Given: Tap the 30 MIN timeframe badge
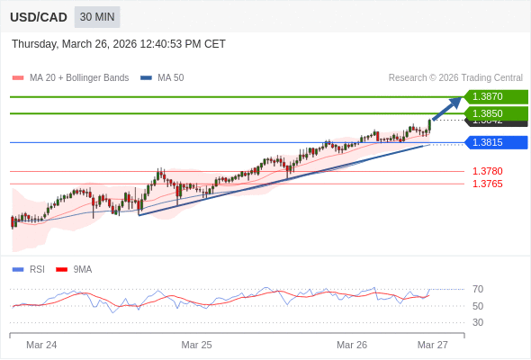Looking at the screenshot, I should pos(97,17).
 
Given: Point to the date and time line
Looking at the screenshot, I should pos(119,44).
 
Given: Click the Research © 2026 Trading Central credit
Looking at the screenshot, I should pos(455,78).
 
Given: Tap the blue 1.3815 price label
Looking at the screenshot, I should pos(494,142).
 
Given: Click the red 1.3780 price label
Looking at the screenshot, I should pos(487,171).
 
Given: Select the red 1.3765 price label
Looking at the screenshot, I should pos(487,184).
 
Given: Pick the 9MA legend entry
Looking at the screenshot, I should pos(82,269).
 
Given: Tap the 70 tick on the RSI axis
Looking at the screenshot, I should pos(478,289).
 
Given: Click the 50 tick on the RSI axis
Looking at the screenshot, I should pos(478,306).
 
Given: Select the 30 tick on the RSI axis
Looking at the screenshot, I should pos(478,322).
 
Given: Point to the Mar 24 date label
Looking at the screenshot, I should pos(41,345).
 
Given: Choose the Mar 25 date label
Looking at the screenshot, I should pos(196,345).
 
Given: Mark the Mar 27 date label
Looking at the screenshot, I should pos(432,345).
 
